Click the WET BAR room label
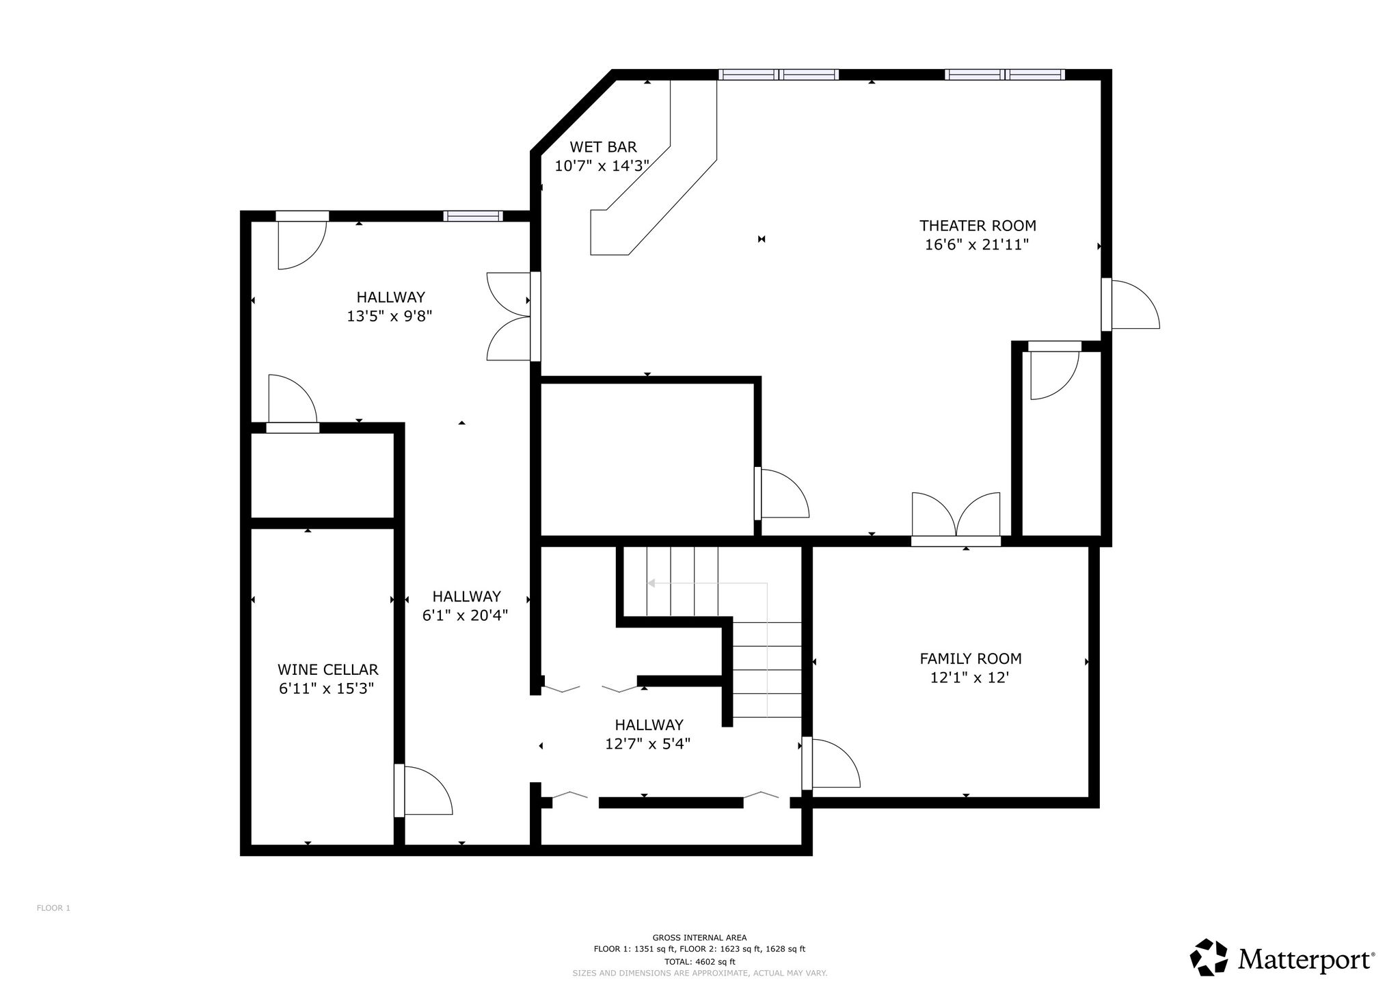click(x=603, y=147)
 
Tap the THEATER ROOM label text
click(x=978, y=226)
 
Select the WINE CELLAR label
click(x=327, y=670)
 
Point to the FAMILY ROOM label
click(x=970, y=659)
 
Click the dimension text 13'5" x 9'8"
click(x=390, y=317)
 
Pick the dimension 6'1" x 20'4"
click(x=465, y=615)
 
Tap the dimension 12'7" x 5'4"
click(x=647, y=744)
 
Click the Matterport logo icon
click(x=1209, y=957)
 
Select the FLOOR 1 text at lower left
click(x=53, y=908)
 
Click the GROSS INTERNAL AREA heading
click(x=699, y=938)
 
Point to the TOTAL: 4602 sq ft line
click(x=699, y=961)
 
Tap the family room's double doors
click(x=956, y=516)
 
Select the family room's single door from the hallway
click(x=831, y=763)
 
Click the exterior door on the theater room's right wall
click(x=1131, y=304)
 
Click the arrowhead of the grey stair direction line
click(x=651, y=583)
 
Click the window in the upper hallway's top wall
click(x=473, y=216)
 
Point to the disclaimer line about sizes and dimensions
click(x=699, y=973)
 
